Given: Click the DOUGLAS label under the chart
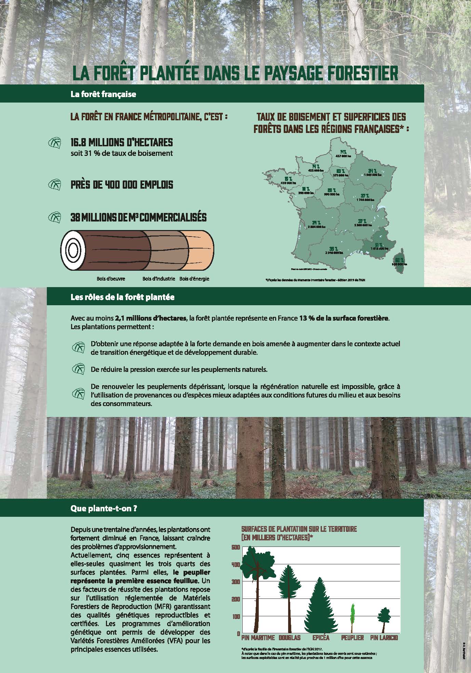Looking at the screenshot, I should tap(290, 638).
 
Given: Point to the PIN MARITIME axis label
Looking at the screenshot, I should tap(258, 638).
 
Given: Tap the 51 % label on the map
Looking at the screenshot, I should tap(379, 245).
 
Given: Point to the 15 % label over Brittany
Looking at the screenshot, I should tap(288, 178).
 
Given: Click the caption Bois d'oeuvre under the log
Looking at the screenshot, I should tap(111, 279).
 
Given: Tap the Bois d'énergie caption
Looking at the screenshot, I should tap(194, 279).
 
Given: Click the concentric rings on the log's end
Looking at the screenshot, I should tap(72, 251).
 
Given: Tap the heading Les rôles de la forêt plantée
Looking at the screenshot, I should tap(122, 297).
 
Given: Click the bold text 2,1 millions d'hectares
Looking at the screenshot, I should tap(150, 318).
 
